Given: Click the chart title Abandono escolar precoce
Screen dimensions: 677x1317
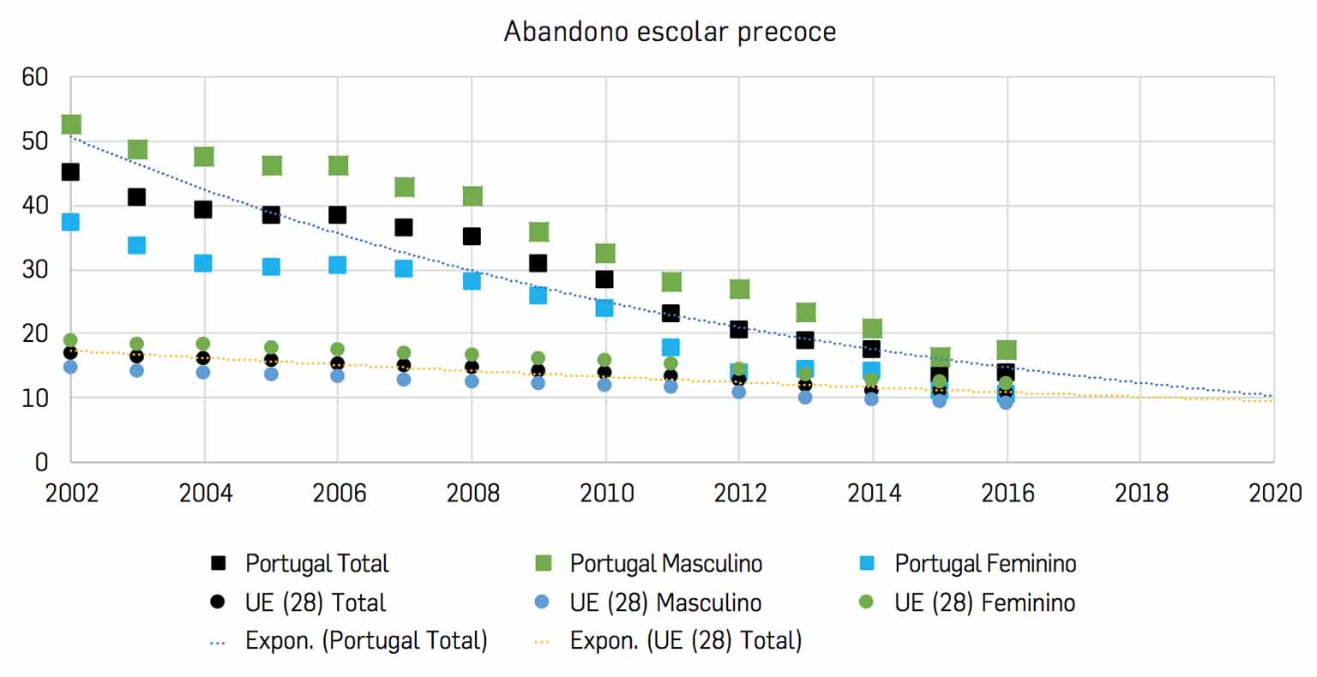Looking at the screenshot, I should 670,32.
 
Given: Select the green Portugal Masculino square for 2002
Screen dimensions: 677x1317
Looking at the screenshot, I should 71,125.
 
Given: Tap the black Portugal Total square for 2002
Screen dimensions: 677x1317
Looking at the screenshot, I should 70,172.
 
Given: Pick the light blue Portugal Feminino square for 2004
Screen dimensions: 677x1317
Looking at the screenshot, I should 203,263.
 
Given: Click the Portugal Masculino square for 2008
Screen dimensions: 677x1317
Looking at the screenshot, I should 472,196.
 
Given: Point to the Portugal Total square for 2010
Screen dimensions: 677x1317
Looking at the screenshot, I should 604,279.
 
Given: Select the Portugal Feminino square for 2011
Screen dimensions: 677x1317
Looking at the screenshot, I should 671,347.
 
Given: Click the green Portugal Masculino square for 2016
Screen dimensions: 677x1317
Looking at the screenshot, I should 1007,350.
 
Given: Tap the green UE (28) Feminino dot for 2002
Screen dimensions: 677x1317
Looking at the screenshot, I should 70,340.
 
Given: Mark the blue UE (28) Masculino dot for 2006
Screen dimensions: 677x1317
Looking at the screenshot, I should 338,375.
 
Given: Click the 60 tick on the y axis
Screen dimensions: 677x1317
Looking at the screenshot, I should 35,78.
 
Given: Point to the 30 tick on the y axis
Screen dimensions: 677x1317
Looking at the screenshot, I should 35,270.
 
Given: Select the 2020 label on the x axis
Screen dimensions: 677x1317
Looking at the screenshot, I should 1275,494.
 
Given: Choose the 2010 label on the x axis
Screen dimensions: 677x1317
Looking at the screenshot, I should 607,494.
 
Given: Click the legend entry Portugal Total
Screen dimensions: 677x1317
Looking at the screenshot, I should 316,564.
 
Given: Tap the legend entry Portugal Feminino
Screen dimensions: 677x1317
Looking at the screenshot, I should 985,564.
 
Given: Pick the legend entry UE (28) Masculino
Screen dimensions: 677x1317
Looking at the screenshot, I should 665,602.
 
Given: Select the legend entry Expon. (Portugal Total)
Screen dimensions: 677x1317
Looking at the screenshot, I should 366,641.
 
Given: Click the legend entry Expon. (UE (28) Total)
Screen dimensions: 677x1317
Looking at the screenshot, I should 686,641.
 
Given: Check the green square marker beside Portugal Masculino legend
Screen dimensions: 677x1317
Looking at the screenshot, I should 543,564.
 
